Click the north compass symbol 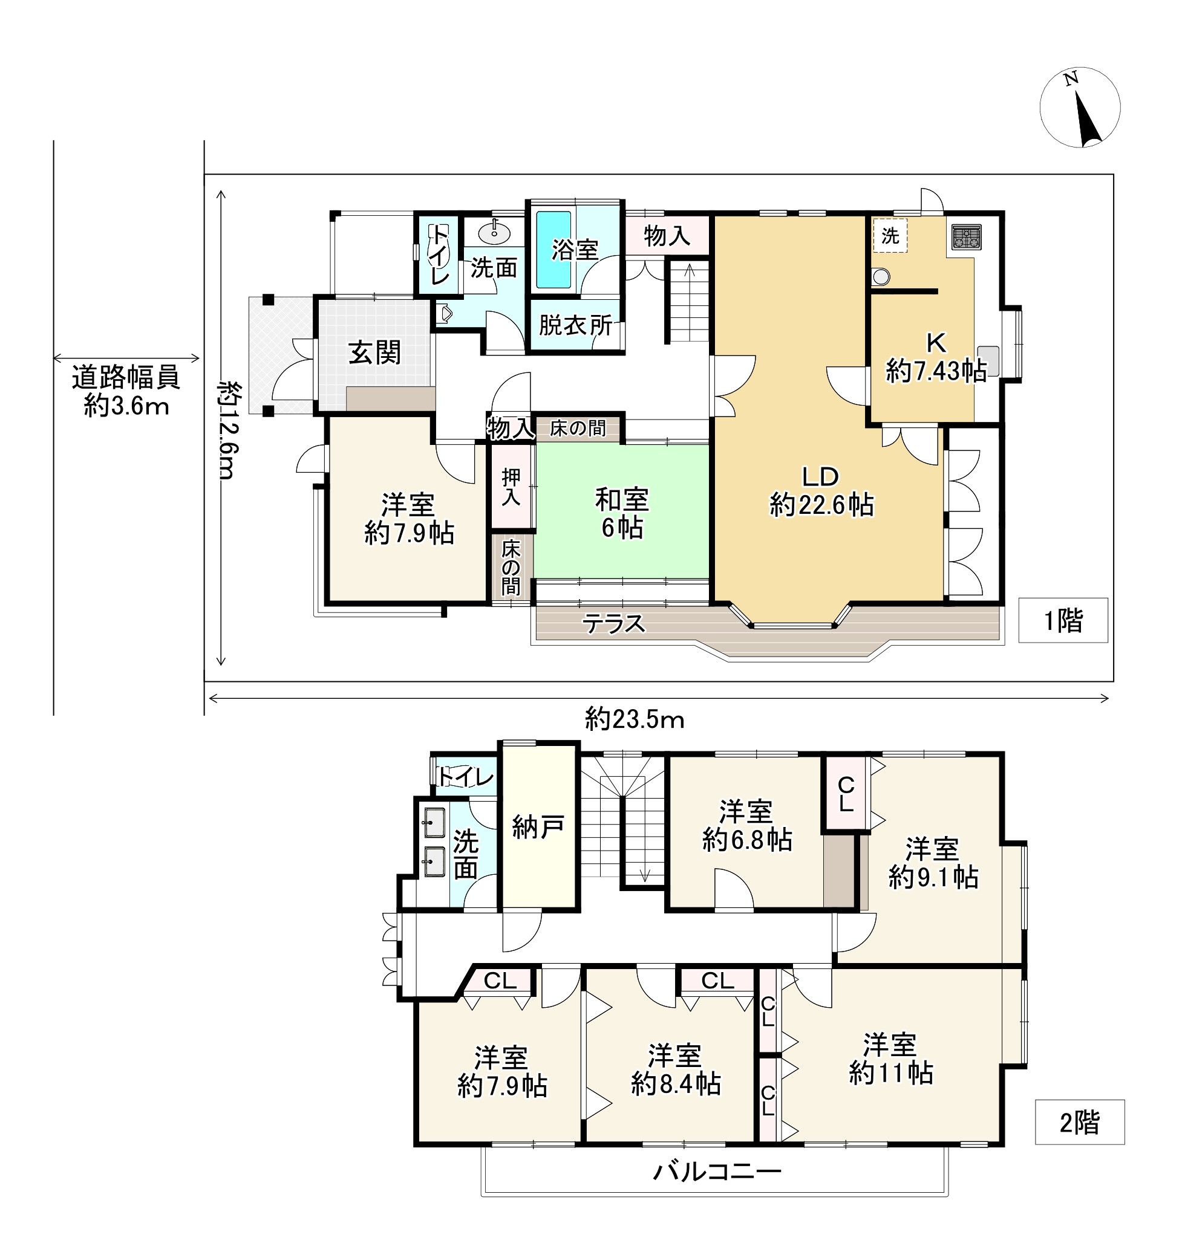click(x=1080, y=108)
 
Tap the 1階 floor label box click(x=1063, y=621)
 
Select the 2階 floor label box click(x=1080, y=1122)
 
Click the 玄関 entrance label click(x=374, y=352)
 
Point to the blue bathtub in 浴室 click(x=553, y=250)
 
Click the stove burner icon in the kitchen click(x=967, y=238)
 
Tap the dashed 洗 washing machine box click(x=890, y=236)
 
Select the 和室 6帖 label click(x=622, y=513)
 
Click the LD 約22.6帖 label click(x=821, y=490)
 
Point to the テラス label click(x=613, y=624)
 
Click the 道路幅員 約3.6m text click(x=126, y=391)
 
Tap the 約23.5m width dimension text click(x=634, y=719)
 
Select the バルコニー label click(x=717, y=1172)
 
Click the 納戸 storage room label click(x=538, y=826)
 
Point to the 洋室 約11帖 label click(x=890, y=1058)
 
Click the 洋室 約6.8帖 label click(x=746, y=826)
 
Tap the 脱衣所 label click(x=575, y=325)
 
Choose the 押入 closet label click(x=511, y=487)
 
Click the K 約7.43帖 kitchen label click(x=936, y=357)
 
